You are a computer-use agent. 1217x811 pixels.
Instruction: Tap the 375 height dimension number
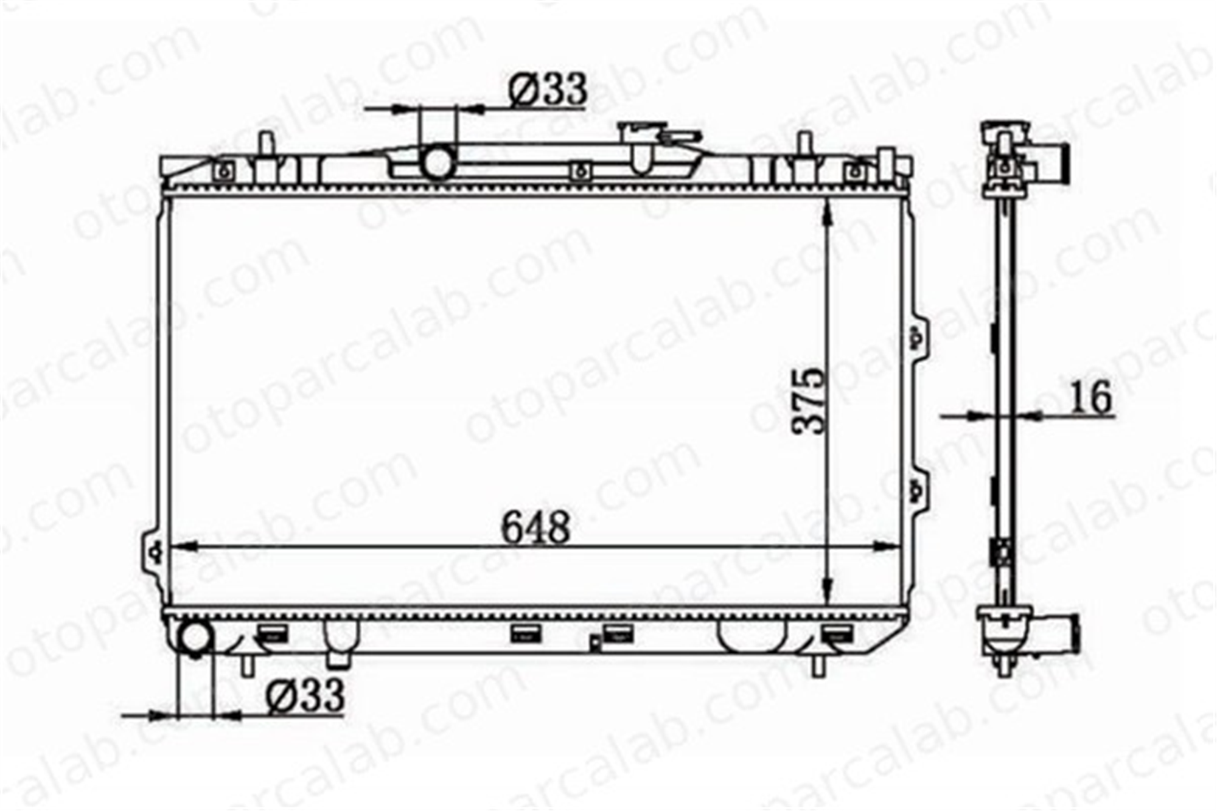(811, 400)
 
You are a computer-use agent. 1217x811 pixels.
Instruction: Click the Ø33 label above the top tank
(548, 89)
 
